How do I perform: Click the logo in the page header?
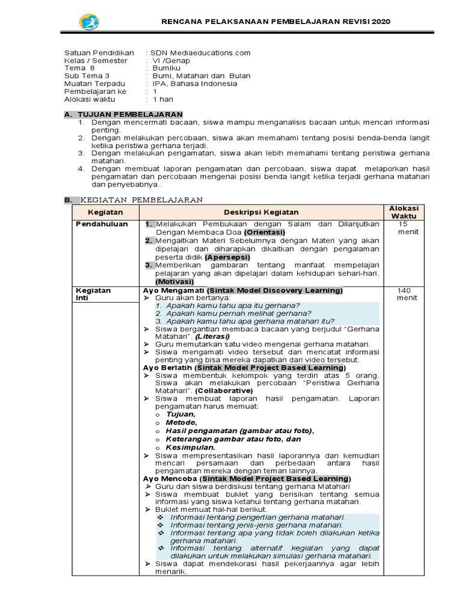(x=89, y=22)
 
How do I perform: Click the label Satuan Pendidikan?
(x=99, y=53)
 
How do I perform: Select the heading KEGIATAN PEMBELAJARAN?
(x=142, y=200)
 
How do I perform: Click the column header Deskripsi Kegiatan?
(x=261, y=212)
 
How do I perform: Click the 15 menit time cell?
(x=404, y=227)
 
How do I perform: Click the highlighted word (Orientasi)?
(x=265, y=232)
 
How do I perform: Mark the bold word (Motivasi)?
(x=174, y=282)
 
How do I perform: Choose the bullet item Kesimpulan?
(x=190, y=448)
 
